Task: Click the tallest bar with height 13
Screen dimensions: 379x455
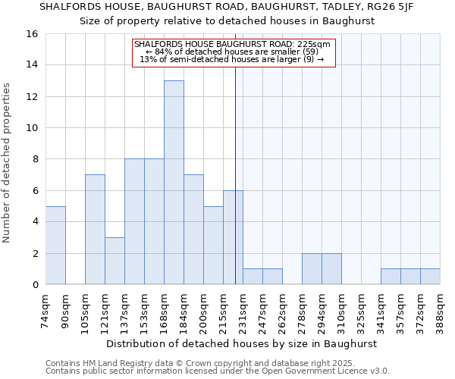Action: click(x=174, y=182)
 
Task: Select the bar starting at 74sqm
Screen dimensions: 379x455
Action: click(x=55, y=245)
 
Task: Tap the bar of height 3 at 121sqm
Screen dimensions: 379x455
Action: click(x=115, y=261)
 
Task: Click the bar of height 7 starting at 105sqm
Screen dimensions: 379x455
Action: click(x=95, y=229)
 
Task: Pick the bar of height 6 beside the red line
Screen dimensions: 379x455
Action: click(x=233, y=236)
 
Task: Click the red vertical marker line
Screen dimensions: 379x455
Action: click(x=236, y=152)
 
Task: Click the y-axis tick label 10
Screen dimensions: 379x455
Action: click(x=32, y=128)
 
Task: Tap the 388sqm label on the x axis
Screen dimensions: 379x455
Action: click(x=441, y=311)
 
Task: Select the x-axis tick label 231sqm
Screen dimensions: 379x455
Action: click(x=243, y=311)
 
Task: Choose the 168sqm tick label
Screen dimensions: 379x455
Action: click(x=165, y=311)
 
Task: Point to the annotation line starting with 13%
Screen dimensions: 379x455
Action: click(x=232, y=59)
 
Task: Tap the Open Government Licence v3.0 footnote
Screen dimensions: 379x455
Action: click(x=315, y=371)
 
